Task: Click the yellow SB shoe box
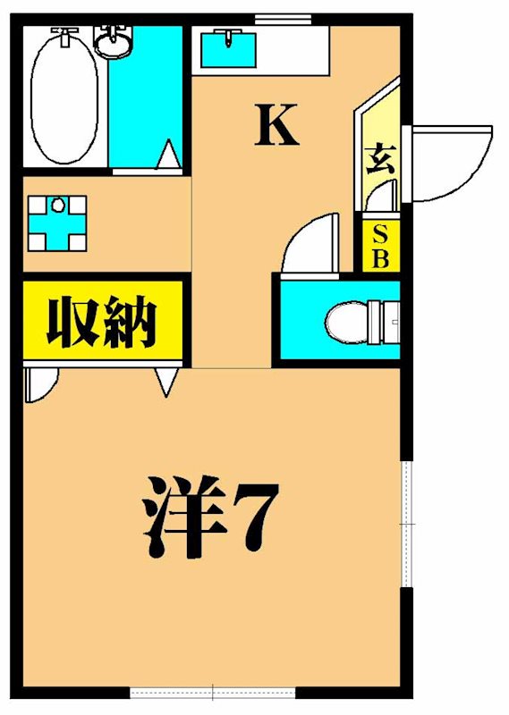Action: click(x=380, y=247)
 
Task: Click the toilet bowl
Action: click(x=349, y=320)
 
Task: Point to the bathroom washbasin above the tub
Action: click(x=114, y=42)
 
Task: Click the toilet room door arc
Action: click(x=310, y=241)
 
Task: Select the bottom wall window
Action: click(x=213, y=693)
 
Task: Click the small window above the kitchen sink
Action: click(x=283, y=19)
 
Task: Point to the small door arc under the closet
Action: click(x=40, y=384)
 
